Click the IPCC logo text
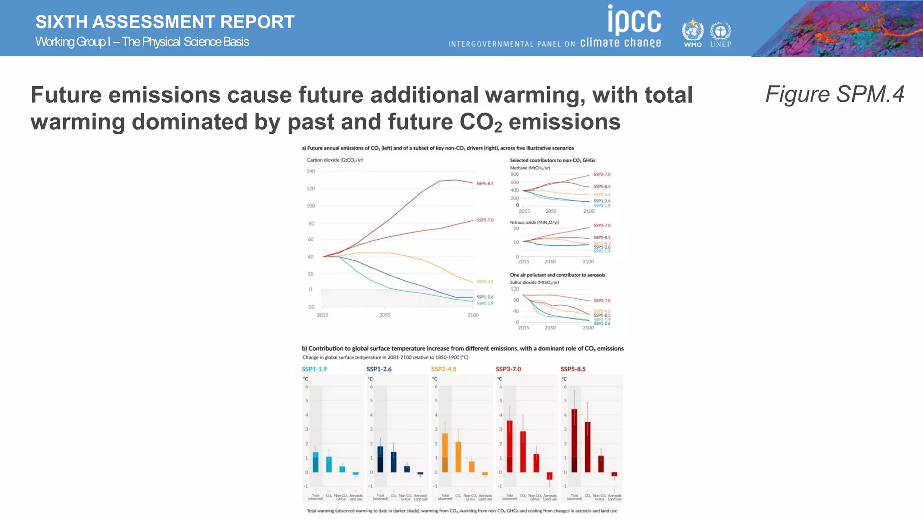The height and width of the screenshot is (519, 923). coord(634,20)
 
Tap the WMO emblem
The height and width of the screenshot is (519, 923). coord(692,31)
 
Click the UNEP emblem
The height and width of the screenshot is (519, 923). coord(720,32)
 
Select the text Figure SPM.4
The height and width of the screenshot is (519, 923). coord(835,94)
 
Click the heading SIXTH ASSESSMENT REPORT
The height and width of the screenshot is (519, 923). coord(165,22)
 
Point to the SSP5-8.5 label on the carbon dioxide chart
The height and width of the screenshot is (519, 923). coord(485,183)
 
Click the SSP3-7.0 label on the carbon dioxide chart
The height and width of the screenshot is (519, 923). coord(485,220)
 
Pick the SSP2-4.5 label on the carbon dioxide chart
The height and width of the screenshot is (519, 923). coord(485,282)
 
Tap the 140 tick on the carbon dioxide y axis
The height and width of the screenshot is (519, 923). coord(311,171)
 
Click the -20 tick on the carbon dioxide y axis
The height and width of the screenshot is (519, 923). coord(311,307)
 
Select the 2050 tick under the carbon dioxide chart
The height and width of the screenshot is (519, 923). coord(384,315)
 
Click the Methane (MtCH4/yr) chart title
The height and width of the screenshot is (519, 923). coord(530,168)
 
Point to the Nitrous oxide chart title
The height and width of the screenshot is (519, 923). coord(535,222)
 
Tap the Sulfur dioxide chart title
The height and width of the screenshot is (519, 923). coord(534,282)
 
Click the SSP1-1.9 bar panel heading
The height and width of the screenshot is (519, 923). coord(314,369)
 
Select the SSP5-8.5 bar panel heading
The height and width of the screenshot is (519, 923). coord(573,369)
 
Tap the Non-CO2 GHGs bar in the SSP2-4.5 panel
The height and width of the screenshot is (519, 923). coord(471,466)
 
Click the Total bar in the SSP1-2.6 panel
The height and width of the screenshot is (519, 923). coord(380,459)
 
